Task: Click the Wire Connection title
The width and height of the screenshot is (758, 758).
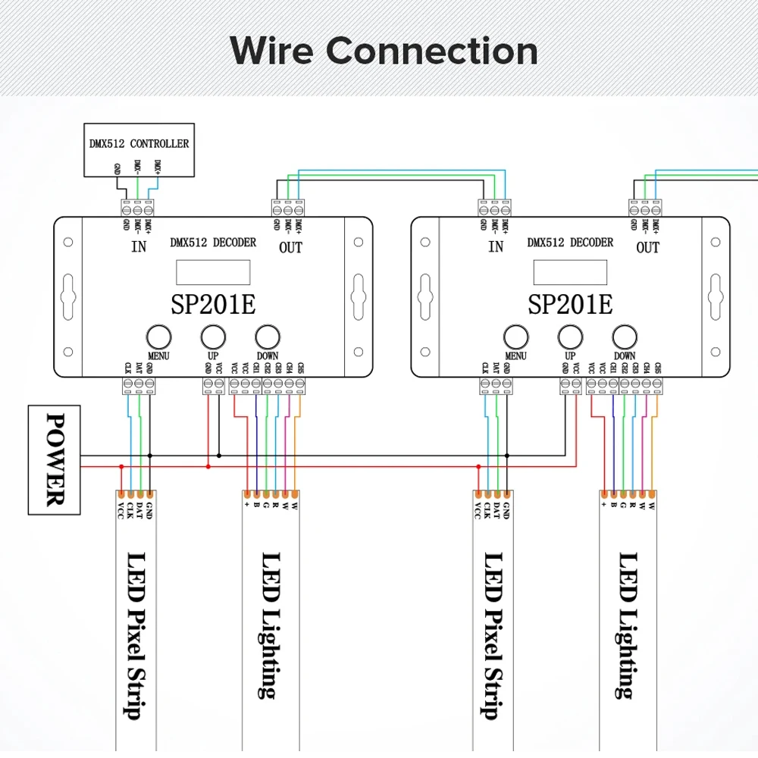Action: [x=384, y=51]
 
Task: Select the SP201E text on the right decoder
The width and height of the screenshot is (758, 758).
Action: [x=569, y=304]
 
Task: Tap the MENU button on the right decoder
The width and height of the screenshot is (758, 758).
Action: [x=515, y=336]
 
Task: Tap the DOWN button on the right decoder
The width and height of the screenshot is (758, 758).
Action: [x=625, y=336]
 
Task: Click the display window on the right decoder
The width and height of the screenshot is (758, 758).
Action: [x=570, y=271]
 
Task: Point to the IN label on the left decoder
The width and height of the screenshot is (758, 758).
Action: [x=139, y=247]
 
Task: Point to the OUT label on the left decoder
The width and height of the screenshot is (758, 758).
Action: [x=290, y=247]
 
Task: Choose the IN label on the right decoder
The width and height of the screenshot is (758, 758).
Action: [x=496, y=247]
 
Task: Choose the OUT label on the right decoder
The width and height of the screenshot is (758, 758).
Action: [x=647, y=247]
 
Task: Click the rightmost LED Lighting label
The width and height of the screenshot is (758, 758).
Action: [x=626, y=625]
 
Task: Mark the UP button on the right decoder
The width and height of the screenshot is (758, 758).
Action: [x=570, y=336]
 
